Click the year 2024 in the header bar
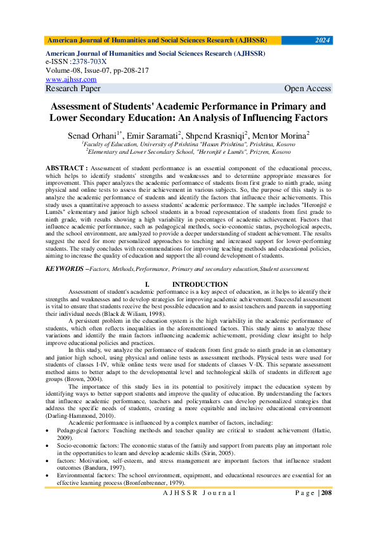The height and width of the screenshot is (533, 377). tap(323, 41)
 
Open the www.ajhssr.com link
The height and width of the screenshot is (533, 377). tap(71, 80)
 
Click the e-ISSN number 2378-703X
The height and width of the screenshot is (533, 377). tap(89, 62)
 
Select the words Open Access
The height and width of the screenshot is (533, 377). tap(307, 89)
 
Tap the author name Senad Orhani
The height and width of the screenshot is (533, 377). tap(93, 135)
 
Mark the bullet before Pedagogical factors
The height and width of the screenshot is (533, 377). tap(48, 429)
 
